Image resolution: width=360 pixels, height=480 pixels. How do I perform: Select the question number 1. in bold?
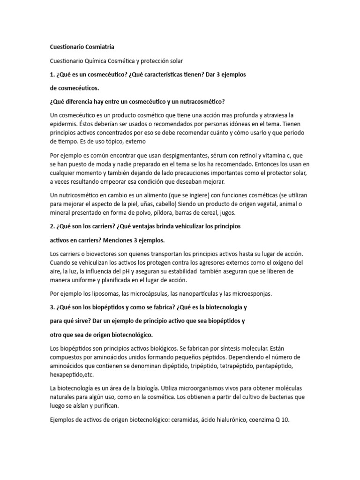pos(52,75)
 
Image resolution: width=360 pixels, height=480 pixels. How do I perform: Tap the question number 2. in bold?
pos(52,226)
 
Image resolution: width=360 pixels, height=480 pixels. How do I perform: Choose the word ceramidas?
pos(177,420)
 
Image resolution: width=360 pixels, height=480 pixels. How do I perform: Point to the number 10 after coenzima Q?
pos(285,420)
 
